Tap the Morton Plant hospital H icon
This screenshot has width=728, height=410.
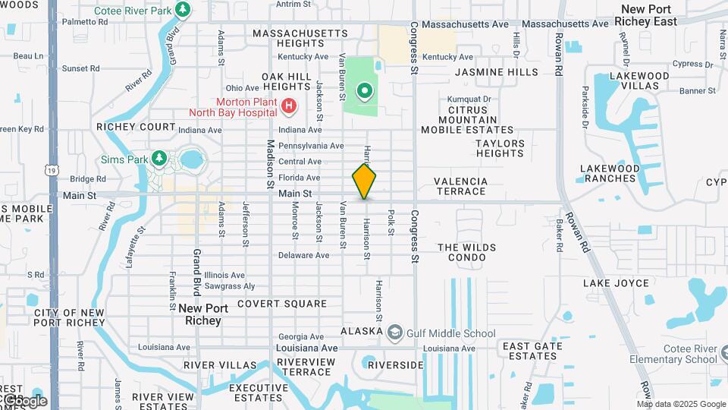(x=288, y=107)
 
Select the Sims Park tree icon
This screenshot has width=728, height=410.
(x=158, y=158)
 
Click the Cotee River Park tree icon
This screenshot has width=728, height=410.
(x=182, y=10)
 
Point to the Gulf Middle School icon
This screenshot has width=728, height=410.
(x=394, y=333)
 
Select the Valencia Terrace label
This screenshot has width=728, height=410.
(x=460, y=186)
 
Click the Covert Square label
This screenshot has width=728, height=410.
(x=281, y=304)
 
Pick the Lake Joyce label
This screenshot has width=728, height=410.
(x=616, y=283)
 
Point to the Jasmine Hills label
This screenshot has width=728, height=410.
(x=497, y=72)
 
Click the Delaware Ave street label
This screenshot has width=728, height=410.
(x=303, y=255)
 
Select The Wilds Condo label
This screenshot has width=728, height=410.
(x=466, y=252)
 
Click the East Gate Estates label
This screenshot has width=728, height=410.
(x=532, y=351)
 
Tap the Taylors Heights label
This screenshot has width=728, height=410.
(x=500, y=148)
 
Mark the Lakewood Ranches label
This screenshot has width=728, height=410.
(x=609, y=173)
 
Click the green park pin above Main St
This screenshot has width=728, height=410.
(x=365, y=93)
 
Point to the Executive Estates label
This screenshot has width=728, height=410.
(x=259, y=393)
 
